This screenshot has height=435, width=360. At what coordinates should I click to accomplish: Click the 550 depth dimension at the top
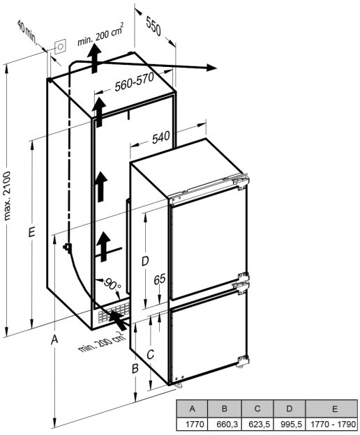coord(153,26)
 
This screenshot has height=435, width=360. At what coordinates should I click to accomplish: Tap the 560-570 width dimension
coord(135,82)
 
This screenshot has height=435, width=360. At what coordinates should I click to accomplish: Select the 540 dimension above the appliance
coord(161,137)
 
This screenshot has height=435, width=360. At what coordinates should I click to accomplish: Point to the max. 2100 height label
coord(7,196)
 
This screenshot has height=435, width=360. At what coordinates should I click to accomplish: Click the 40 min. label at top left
coord(27,32)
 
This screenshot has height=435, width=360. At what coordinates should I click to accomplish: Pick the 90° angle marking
coord(112,284)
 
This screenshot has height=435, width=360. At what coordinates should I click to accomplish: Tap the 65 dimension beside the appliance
coord(160,279)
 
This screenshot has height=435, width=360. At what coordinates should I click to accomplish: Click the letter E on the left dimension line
coord(32,232)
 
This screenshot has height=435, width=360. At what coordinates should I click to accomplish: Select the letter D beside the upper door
coord(145,261)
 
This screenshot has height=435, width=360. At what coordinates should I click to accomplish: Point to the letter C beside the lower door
coord(150,354)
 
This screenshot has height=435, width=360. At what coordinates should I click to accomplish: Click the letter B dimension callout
coord(135,368)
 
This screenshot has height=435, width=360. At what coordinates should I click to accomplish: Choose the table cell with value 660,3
coord(225,424)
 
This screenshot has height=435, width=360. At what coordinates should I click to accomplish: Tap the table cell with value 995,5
coord(290,424)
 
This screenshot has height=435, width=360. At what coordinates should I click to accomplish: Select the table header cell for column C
coord(257,409)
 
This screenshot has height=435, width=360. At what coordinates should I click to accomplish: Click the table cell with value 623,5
coord(258,424)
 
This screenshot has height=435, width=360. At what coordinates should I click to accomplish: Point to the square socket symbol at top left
coord(60,47)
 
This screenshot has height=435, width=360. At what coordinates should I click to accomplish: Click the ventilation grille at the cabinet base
coord(113,313)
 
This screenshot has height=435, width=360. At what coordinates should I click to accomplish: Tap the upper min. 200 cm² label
coord(100,34)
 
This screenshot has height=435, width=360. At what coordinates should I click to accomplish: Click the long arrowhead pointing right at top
coord(211,68)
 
